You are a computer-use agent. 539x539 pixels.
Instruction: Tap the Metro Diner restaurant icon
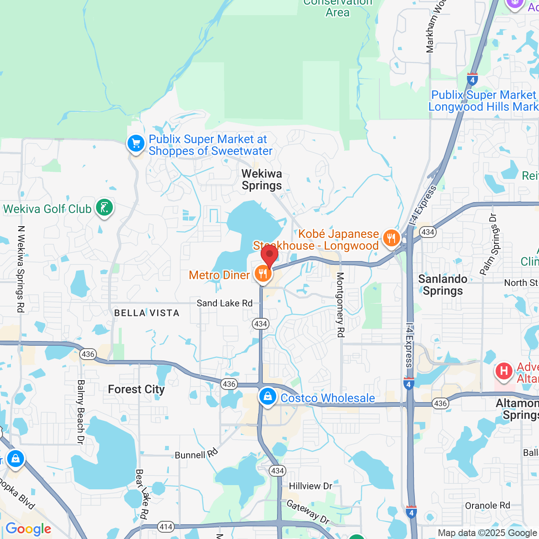tap(263, 275)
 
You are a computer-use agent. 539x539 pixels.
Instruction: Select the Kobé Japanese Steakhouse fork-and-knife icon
tap(391, 239)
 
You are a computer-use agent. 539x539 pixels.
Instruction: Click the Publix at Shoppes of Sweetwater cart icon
tap(136, 144)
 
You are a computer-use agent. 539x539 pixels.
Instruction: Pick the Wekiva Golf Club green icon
tap(104, 208)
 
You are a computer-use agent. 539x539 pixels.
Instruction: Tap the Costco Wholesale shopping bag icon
tap(268, 397)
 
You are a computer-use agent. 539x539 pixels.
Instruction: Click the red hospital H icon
tap(504, 371)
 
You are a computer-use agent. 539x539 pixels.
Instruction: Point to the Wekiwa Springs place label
tap(261, 180)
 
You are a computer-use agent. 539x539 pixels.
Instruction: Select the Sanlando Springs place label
tap(443, 285)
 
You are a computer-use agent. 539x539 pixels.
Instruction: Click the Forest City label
tap(136, 390)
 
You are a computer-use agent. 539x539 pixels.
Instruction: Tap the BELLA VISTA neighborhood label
tap(147, 313)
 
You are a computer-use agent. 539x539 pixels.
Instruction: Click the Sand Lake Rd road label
tap(224, 303)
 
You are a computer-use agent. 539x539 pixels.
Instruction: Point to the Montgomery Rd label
tap(340, 304)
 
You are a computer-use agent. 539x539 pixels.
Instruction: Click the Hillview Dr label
tap(311, 486)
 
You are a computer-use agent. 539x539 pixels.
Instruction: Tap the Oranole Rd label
tap(487, 505)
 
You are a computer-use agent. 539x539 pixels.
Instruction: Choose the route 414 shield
tap(166, 527)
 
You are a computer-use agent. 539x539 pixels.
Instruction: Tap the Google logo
tap(29, 529)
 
